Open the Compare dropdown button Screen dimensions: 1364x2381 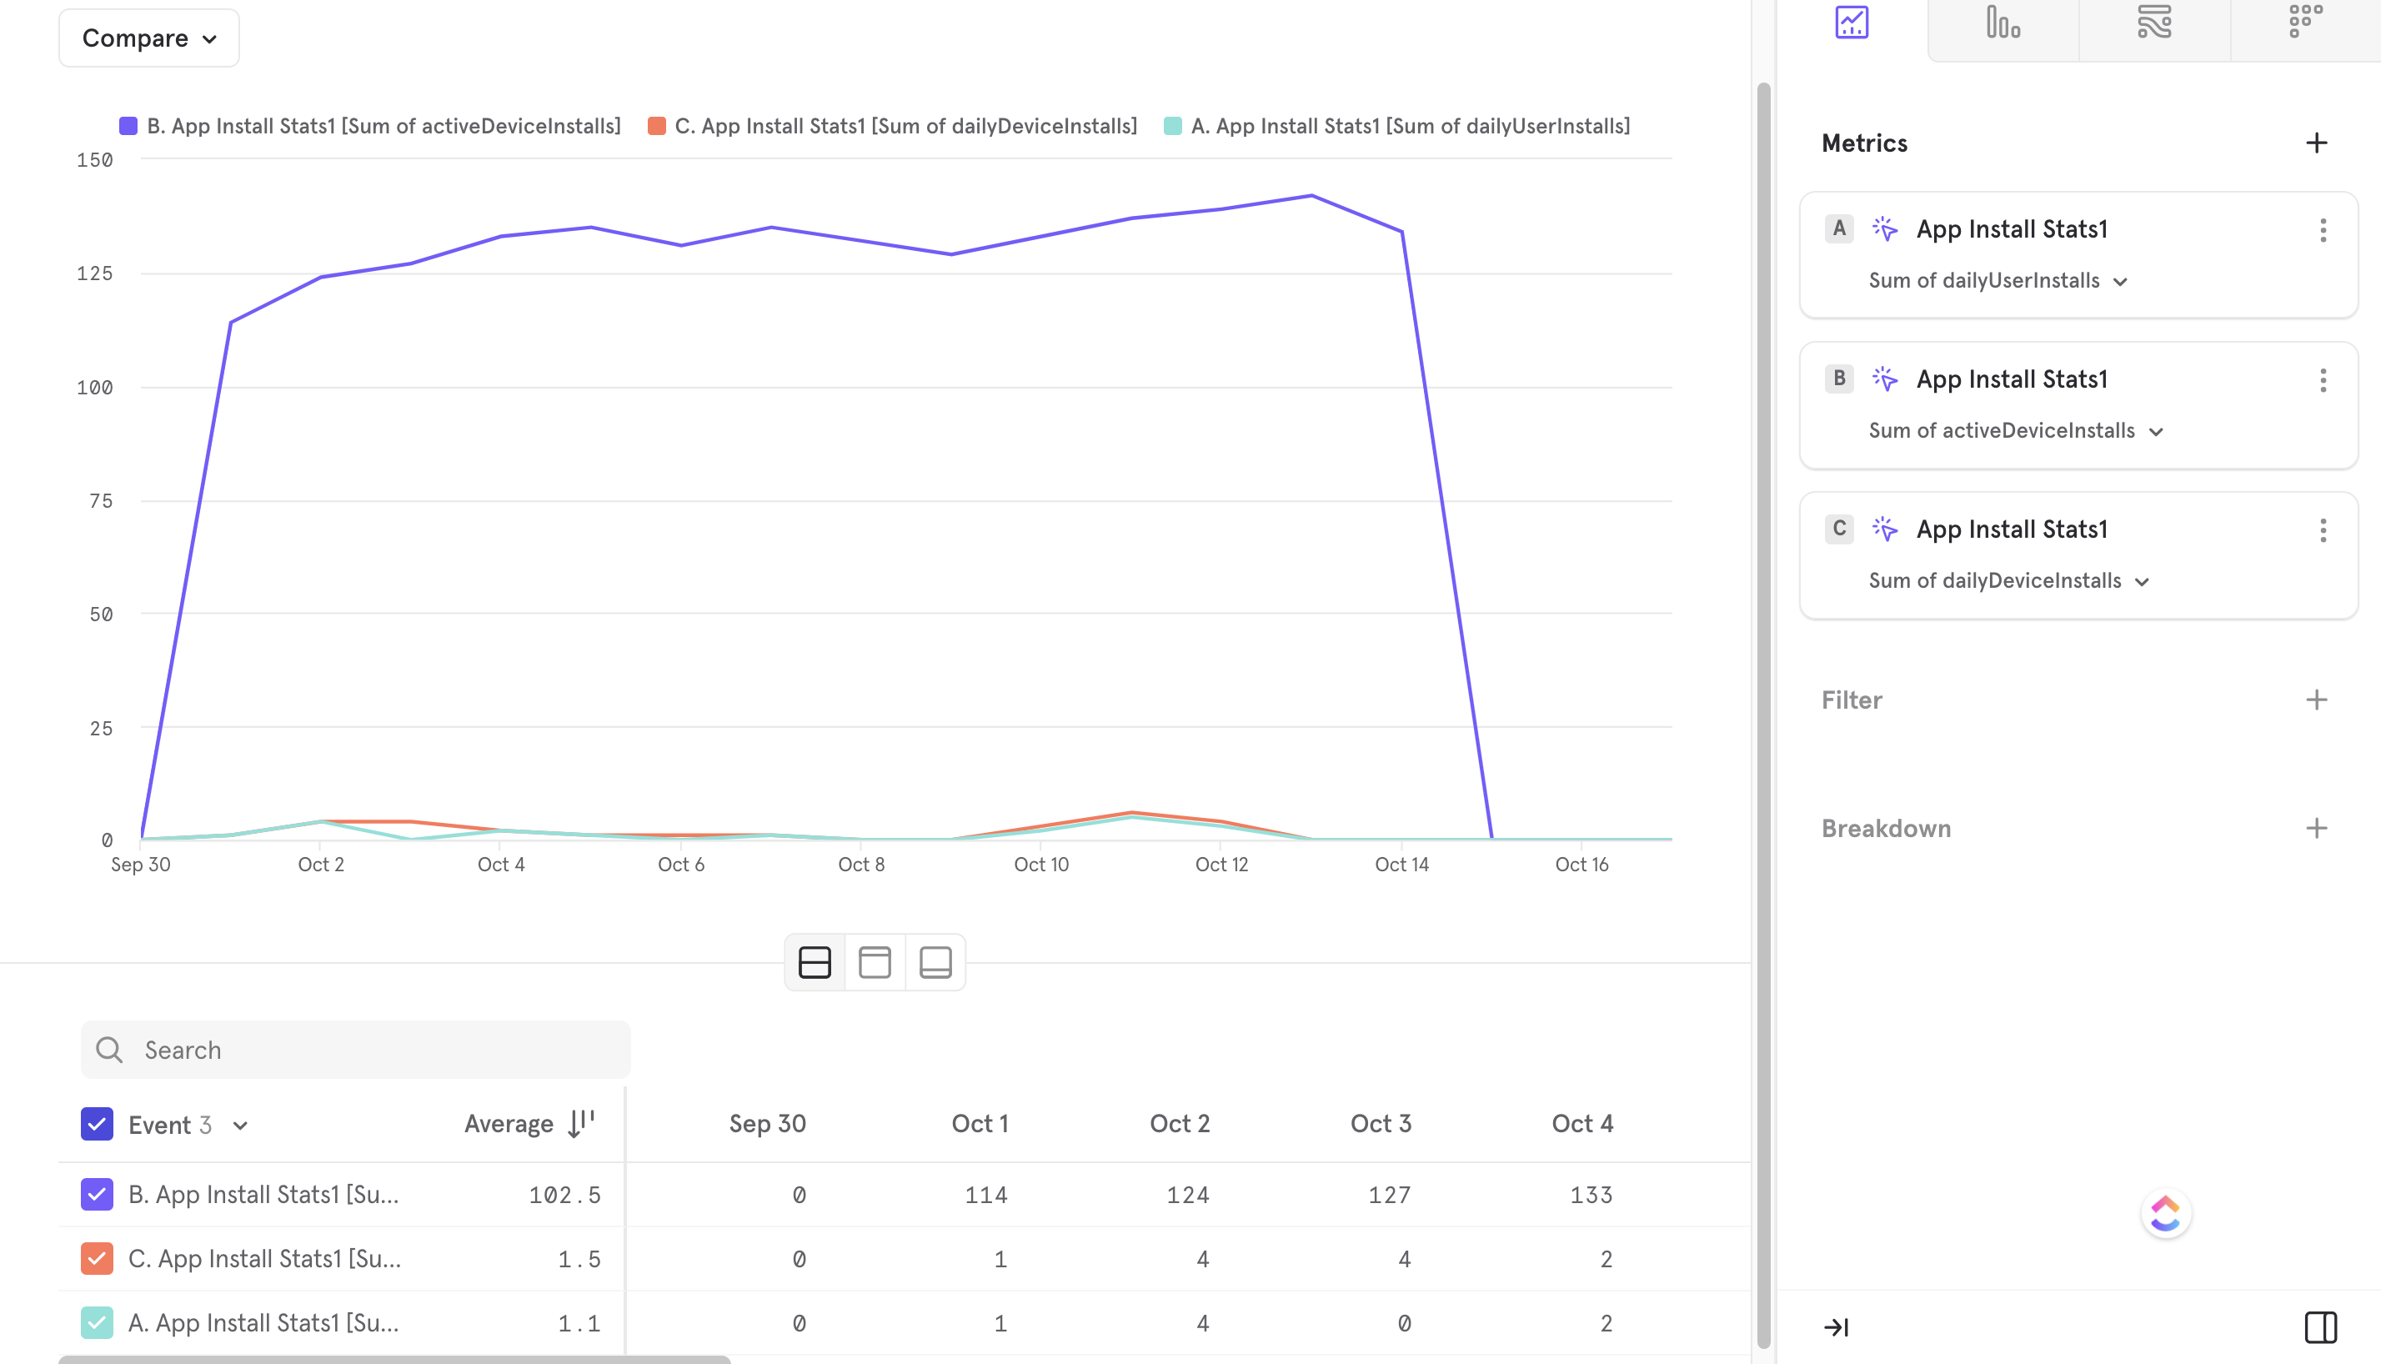(149, 38)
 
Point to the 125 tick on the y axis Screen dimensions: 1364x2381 (94, 273)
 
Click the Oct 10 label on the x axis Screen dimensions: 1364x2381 (1040, 865)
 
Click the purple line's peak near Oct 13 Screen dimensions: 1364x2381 (1311, 196)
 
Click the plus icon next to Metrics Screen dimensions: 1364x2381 (2315, 143)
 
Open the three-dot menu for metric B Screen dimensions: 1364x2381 (2322, 380)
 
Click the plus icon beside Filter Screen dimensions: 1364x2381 (2315, 700)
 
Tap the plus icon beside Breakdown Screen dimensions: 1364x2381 (2315, 828)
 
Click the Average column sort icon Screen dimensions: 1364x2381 (581, 1122)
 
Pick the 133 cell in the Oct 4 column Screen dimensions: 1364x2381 (1591, 1195)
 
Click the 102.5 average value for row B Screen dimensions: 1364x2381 (564, 1195)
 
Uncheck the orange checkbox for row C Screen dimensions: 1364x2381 (98, 1258)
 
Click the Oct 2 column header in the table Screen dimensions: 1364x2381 (1180, 1123)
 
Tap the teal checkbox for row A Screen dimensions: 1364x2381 (98, 1323)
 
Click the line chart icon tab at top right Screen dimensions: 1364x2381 (1851, 23)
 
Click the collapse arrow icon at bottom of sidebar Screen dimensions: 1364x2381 (1836, 1326)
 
